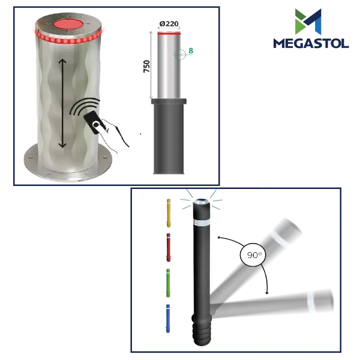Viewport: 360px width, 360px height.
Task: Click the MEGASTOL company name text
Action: click(311, 43)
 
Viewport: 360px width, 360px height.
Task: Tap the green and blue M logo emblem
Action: click(308, 22)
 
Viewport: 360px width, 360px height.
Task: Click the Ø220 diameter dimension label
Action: click(169, 23)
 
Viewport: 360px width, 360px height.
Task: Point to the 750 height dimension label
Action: click(146, 67)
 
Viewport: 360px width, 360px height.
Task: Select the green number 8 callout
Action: click(191, 50)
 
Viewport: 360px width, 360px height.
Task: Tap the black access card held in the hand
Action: click(94, 122)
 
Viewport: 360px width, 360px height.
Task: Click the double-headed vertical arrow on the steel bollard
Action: click(62, 103)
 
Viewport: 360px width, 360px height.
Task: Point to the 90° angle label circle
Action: click(253, 254)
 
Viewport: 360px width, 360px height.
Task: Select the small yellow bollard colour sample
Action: click(169, 213)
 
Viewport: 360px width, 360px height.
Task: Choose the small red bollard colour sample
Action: click(168, 247)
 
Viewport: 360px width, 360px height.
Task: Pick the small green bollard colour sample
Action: click(168, 283)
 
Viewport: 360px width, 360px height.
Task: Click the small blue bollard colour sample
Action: click(168, 319)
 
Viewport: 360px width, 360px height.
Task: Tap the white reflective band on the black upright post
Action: click(202, 222)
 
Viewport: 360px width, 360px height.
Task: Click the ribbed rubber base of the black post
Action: click(202, 329)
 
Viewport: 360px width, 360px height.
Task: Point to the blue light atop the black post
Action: click(202, 201)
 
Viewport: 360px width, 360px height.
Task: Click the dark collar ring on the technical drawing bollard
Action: click(169, 101)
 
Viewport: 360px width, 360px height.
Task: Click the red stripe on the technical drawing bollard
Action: click(169, 34)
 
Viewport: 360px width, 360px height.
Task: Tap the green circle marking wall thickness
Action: click(180, 55)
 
